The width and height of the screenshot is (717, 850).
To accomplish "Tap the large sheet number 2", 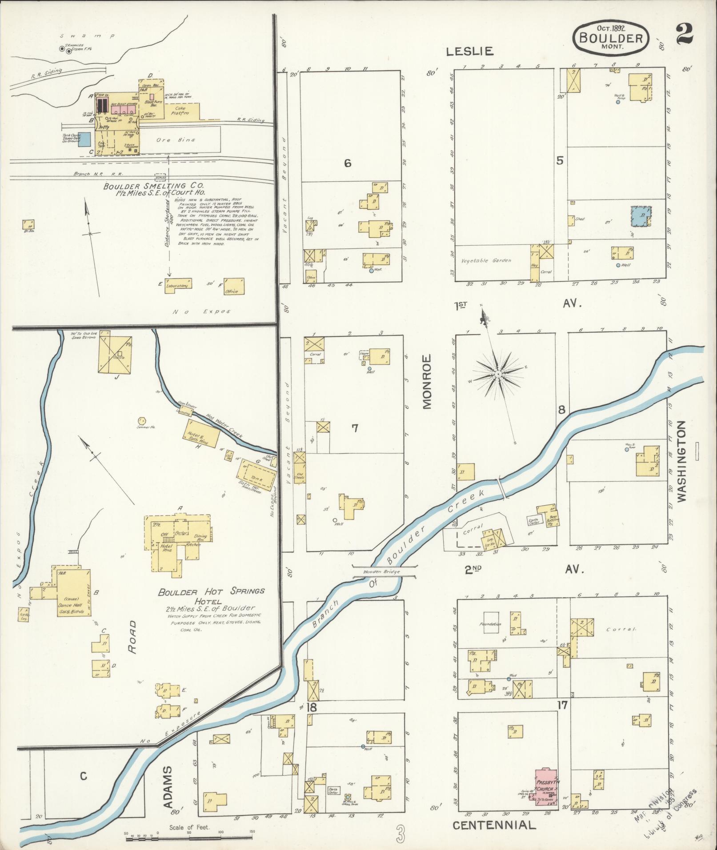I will pos(685,34).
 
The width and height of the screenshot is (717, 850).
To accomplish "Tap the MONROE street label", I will pos(427,381).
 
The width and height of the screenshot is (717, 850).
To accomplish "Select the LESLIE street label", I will pos(470,52).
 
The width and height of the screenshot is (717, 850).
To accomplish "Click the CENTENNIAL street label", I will pos(494,826).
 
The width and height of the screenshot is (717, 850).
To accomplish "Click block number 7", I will pos(355,428).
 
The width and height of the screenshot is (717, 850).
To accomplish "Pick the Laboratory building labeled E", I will pos(178,283).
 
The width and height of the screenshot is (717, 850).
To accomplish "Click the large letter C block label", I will pos(83,776).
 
